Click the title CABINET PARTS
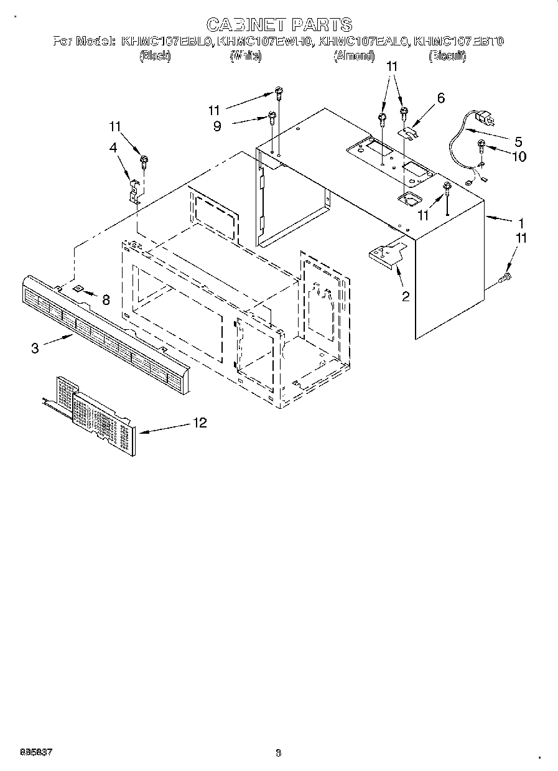[x=279, y=25]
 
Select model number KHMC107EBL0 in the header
[x=167, y=42]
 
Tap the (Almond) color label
[x=354, y=57]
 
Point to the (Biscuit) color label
[x=447, y=57]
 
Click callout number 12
[x=200, y=423]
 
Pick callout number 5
[x=518, y=141]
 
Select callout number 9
[x=216, y=125]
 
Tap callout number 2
[x=406, y=297]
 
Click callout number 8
[x=106, y=300]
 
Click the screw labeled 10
[x=482, y=147]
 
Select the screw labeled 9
[x=272, y=116]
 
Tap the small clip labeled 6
[x=409, y=131]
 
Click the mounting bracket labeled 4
[x=134, y=190]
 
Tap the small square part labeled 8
[x=78, y=289]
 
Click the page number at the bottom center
[x=278, y=754]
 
